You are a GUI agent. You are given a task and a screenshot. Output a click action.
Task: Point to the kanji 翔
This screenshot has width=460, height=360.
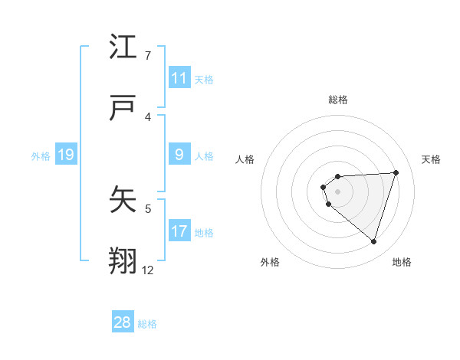(x=123, y=261)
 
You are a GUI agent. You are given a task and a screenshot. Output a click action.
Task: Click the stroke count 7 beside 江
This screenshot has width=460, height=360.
(x=148, y=55)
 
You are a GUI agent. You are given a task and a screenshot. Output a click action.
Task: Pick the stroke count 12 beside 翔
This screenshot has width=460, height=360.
(x=148, y=270)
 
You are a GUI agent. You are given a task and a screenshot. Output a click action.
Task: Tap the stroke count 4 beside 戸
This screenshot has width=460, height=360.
(x=148, y=116)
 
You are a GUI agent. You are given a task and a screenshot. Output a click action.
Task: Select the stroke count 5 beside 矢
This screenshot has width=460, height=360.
(x=148, y=208)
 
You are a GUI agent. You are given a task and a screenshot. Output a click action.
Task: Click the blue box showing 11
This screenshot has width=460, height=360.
(x=179, y=77)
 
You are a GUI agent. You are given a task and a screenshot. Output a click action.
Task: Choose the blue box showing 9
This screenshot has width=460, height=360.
(x=179, y=155)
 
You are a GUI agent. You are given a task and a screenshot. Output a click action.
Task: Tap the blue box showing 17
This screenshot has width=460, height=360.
(x=179, y=231)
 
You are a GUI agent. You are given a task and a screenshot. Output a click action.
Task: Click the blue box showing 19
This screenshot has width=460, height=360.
(x=65, y=155)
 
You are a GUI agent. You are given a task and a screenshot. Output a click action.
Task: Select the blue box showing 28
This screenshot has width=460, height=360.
(x=123, y=322)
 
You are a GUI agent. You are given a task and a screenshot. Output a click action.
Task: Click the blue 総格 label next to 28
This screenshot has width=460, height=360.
(x=147, y=324)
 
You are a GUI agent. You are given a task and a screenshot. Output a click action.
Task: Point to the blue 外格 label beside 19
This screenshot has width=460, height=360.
(x=41, y=156)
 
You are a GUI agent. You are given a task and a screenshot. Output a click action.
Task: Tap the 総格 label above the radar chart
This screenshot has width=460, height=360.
(x=338, y=100)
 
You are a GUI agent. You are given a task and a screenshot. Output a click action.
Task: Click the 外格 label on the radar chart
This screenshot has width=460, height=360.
(x=270, y=262)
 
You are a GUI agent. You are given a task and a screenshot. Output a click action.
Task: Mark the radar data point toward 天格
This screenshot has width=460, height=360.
(x=396, y=172)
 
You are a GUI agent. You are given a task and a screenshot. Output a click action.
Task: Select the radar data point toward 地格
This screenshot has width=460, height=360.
(x=374, y=242)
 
